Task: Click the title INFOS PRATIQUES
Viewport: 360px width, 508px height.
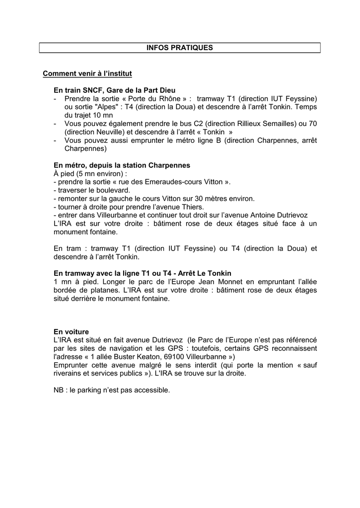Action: click(180, 48)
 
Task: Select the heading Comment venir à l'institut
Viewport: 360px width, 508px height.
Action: click(87, 74)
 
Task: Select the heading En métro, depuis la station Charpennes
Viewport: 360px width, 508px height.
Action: click(122, 165)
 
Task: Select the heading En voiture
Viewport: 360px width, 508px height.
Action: click(71, 331)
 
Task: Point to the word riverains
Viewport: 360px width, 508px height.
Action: click(69, 374)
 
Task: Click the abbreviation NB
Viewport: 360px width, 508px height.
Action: click(59, 390)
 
